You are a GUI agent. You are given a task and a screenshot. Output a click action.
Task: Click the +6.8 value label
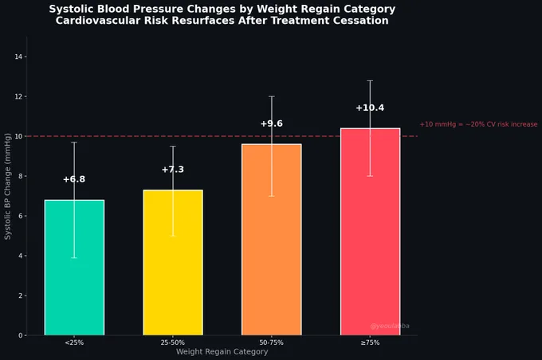pyautogui.click(x=74, y=179)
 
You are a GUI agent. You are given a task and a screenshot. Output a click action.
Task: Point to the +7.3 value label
pyautogui.click(x=173, y=170)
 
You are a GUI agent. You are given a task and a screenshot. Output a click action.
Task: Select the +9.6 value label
pyautogui.click(x=272, y=123)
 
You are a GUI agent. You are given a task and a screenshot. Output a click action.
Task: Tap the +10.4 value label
pyautogui.click(x=370, y=108)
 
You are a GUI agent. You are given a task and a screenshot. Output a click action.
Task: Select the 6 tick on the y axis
pyautogui.click(x=19, y=216)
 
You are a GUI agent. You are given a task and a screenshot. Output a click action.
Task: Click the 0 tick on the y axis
pyautogui.click(x=19, y=335)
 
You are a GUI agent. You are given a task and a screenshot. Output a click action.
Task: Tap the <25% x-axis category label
pyautogui.click(x=74, y=342)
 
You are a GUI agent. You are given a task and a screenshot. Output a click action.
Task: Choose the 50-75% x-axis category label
pyautogui.click(x=272, y=342)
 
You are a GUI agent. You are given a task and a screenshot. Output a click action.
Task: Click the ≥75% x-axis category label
pyautogui.click(x=370, y=342)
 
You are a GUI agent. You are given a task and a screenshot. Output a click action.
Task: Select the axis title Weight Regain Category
pyautogui.click(x=222, y=352)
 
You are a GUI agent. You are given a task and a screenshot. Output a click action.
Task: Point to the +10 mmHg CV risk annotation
pyautogui.click(x=478, y=124)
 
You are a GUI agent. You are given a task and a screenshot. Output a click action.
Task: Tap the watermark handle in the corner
pyautogui.click(x=390, y=326)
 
